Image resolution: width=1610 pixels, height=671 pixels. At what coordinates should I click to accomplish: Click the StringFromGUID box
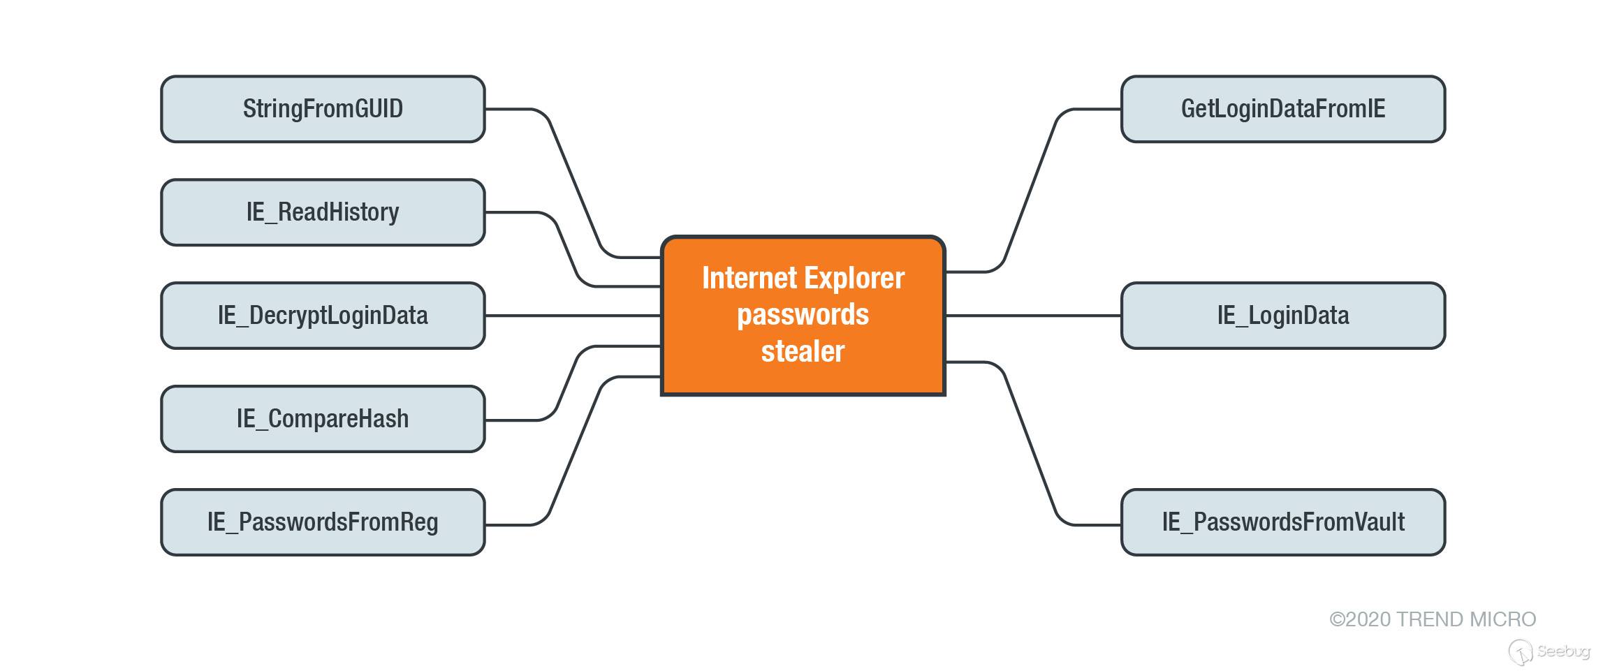click(x=323, y=109)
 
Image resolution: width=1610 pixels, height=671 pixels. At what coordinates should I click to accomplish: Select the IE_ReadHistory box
click(x=323, y=212)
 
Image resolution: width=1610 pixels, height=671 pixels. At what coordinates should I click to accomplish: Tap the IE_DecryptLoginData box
click(x=323, y=316)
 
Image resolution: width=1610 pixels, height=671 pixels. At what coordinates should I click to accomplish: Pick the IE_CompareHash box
click(x=323, y=419)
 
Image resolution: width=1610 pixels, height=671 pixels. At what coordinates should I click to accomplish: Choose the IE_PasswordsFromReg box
click(x=323, y=522)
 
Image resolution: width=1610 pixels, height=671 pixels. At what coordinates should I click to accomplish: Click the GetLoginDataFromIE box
click(x=1283, y=109)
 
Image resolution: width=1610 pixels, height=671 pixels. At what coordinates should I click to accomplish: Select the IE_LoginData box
click(x=1283, y=316)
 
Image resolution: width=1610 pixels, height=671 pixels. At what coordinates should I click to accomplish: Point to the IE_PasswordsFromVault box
click(x=1283, y=522)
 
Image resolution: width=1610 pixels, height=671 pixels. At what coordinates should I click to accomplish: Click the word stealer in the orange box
click(x=803, y=351)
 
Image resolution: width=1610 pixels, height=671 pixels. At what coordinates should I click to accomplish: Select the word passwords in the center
click(x=803, y=315)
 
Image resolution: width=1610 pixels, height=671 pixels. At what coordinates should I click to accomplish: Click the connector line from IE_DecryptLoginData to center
click(x=573, y=316)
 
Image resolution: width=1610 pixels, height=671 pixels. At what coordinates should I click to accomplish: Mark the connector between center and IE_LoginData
click(x=1034, y=316)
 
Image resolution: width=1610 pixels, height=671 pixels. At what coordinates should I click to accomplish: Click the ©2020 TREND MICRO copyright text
click(x=1433, y=619)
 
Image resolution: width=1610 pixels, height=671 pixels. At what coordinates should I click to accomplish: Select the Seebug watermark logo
click(x=1549, y=651)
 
